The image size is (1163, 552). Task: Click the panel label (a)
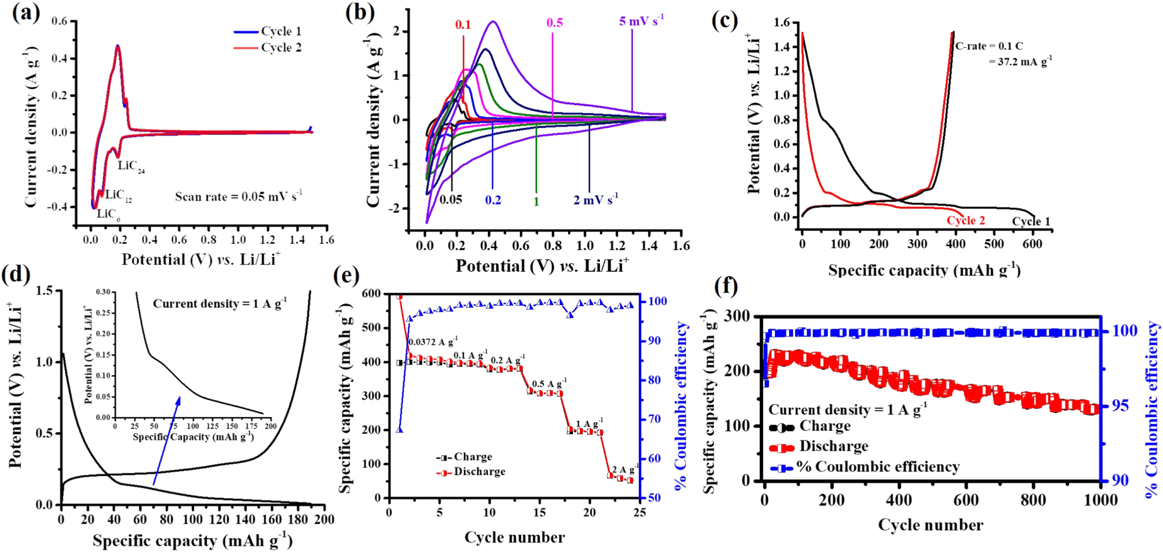pyautogui.click(x=25, y=13)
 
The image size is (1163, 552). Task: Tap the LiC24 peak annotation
pyautogui.click(x=131, y=166)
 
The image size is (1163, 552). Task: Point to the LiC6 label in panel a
pyautogui.click(x=108, y=214)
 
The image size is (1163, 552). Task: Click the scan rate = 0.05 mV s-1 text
pyautogui.click(x=238, y=197)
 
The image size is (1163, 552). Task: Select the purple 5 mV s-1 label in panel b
pyautogui.click(x=641, y=21)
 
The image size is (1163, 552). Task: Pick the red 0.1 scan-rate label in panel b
pyautogui.click(x=463, y=25)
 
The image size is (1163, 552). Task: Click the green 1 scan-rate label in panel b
pyautogui.click(x=536, y=201)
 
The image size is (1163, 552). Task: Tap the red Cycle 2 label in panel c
pyautogui.click(x=965, y=220)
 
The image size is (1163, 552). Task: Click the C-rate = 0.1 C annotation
pyautogui.click(x=989, y=46)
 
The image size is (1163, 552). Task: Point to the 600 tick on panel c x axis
pyautogui.click(x=1032, y=244)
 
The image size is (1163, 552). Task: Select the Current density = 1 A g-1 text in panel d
pyautogui.click(x=220, y=304)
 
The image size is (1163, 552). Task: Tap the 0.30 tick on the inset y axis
pyautogui.click(x=103, y=292)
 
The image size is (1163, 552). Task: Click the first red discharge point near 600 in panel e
pyautogui.click(x=399, y=296)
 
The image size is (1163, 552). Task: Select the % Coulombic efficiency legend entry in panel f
pyautogui.click(x=865, y=467)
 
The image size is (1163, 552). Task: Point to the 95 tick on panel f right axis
pyautogui.click(x=1119, y=405)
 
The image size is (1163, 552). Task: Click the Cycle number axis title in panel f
pyautogui.click(x=930, y=525)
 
